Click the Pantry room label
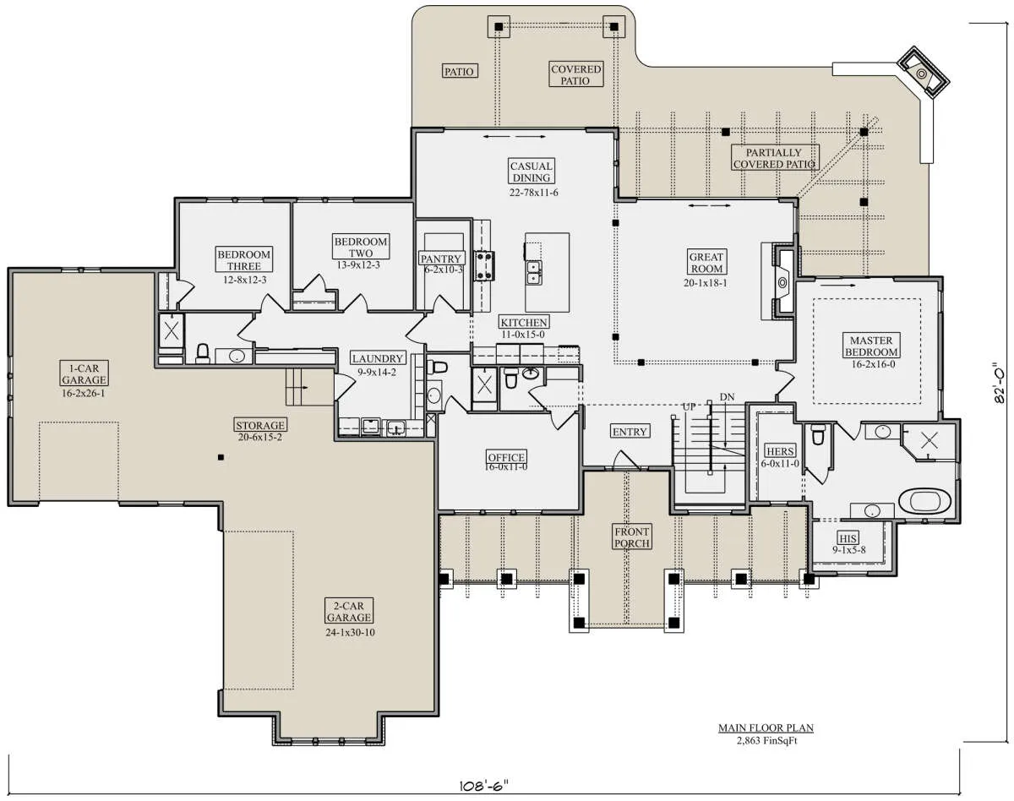point(441,259)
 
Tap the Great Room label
point(706,263)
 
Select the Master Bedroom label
point(871,346)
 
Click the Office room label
point(506,457)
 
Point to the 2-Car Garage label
point(349,612)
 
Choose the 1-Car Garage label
point(84,374)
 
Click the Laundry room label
point(378,358)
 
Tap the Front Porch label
point(632,537)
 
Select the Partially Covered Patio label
point(775,158)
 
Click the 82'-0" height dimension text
point(998,383)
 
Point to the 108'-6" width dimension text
point(484,786)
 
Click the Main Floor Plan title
point(766,728)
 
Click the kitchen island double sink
point(534,272)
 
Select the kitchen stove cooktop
point(484,266)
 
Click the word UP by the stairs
point(689,407)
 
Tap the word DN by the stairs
point(727,397)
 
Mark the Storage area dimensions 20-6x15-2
point(260,437)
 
